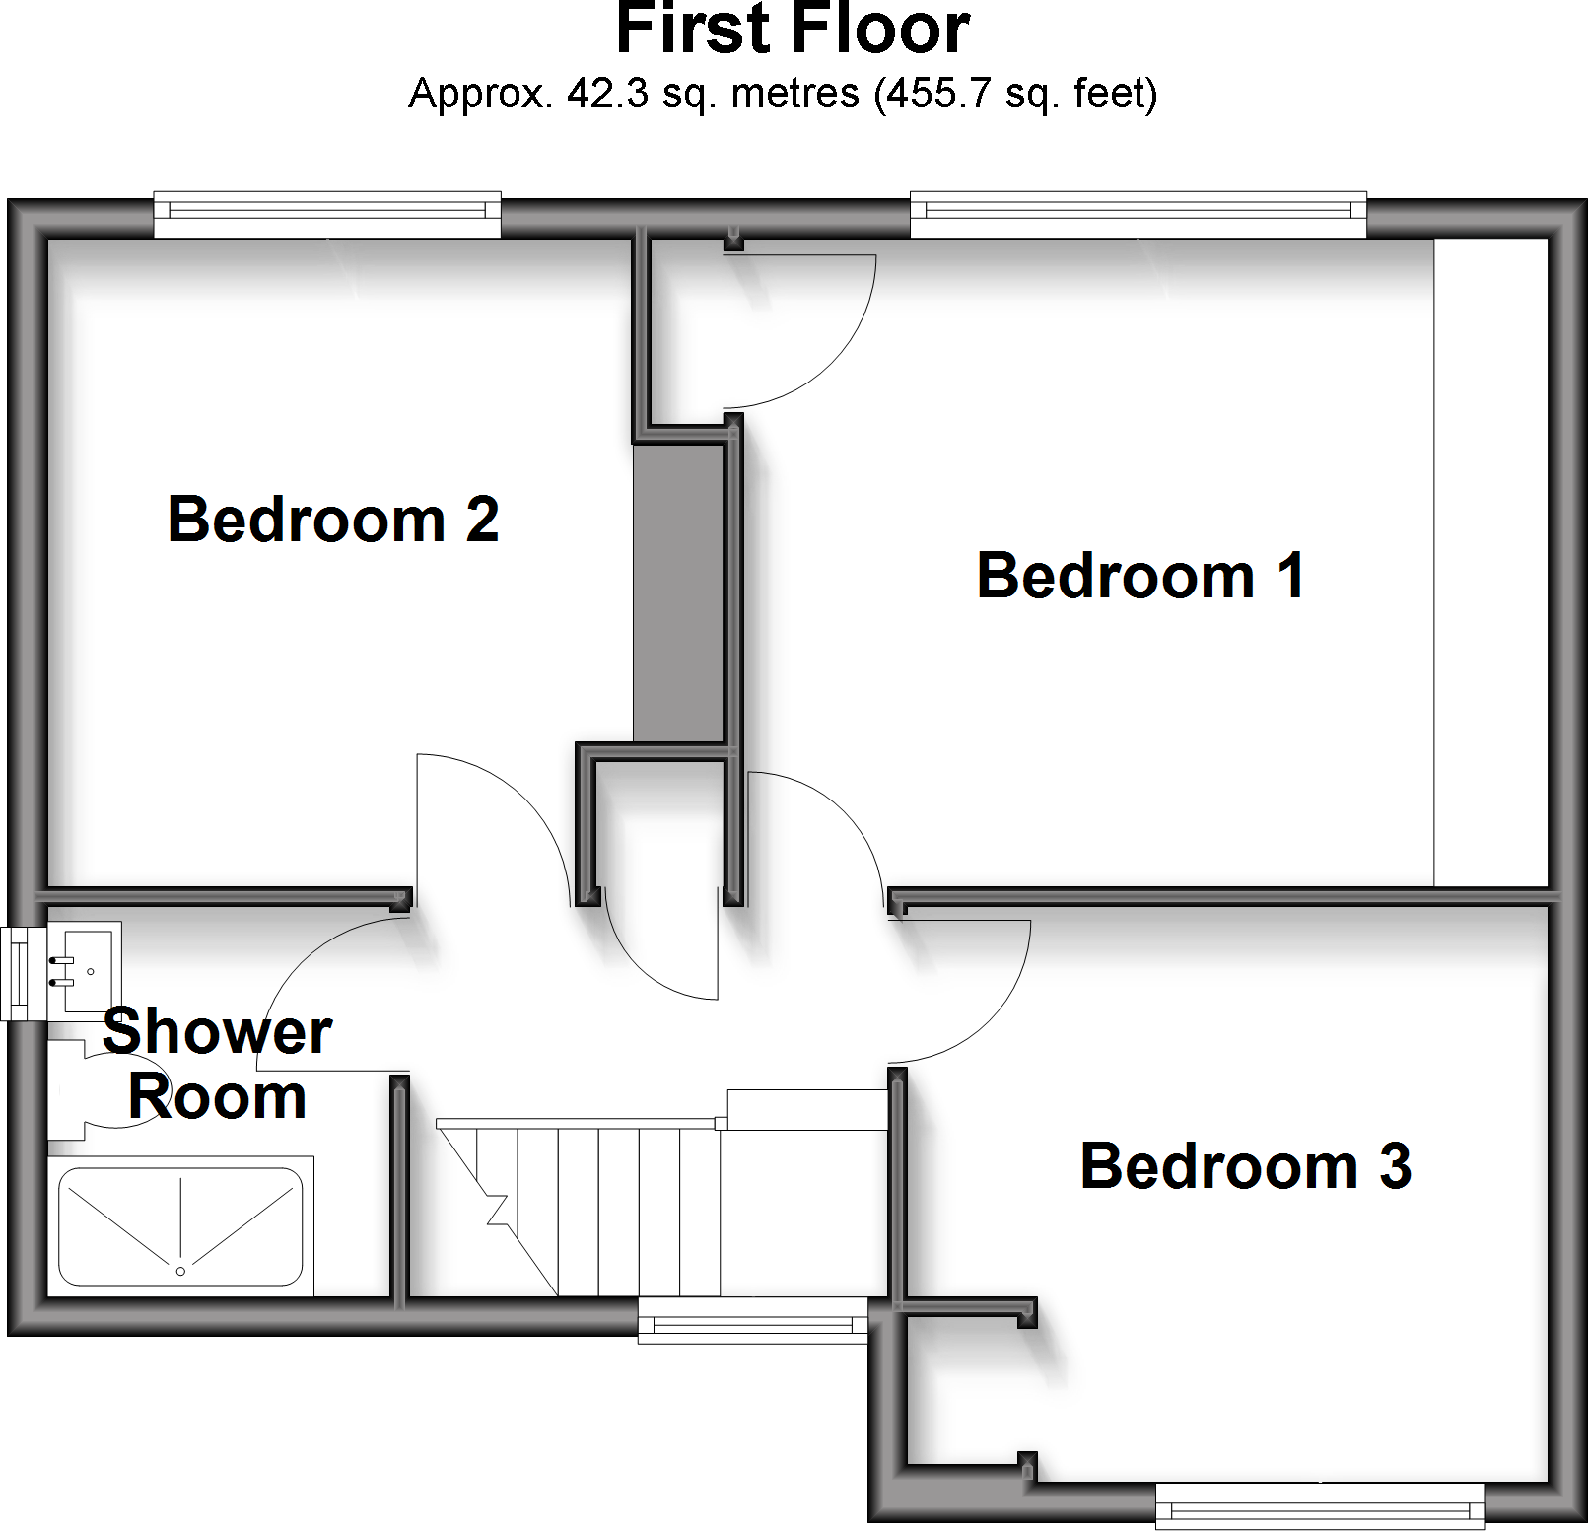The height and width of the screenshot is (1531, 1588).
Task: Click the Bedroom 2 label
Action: (x=333, y=520)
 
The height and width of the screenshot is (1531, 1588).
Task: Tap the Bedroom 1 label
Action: (x=1140, y=576)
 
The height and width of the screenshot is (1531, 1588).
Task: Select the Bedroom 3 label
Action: (x=1245, y=1166)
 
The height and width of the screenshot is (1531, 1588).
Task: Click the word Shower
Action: (x=217, y=1032)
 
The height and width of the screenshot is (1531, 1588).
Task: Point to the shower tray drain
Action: (x=180, y=1272)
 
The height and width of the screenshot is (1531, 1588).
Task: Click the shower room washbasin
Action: (x=89, y=968)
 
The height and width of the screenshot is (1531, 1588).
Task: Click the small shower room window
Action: (x=18, y=973)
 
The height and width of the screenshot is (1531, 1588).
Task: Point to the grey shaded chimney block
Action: (x=678, y=592)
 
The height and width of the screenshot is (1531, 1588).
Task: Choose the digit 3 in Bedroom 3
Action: (x=1395, y=1166)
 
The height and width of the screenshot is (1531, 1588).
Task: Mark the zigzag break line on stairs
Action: (x=495, y=1208)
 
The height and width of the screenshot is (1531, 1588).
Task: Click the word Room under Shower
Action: (x=217, y=1097)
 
